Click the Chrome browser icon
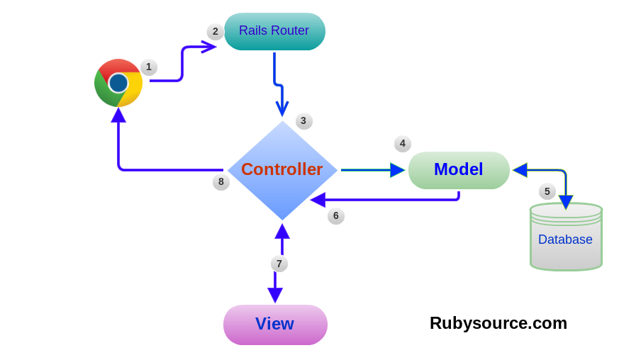tap(118, 83)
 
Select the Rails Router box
tap(274, 31)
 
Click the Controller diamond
tap(282, 170)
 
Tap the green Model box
tap(459, 170)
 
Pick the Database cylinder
tap(566, 237)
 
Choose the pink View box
tap(275, 325)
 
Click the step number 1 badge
tap(149, 67)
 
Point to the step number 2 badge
tap(216, 32)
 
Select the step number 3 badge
tap(303, 121)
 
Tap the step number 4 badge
tap(403, 144)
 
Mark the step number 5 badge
tap(547, 191)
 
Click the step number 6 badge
tap(336, 216)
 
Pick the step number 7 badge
tap(279, 264)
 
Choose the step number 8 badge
tap(221, 182)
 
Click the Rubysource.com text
tap(498, 323)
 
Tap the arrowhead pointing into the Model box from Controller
tap(397, 170)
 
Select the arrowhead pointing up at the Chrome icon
tap(118, 116)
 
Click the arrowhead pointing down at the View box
tap(275, 295)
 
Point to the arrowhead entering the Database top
tap(566, 202)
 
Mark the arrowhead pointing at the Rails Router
tap(208, 47)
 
